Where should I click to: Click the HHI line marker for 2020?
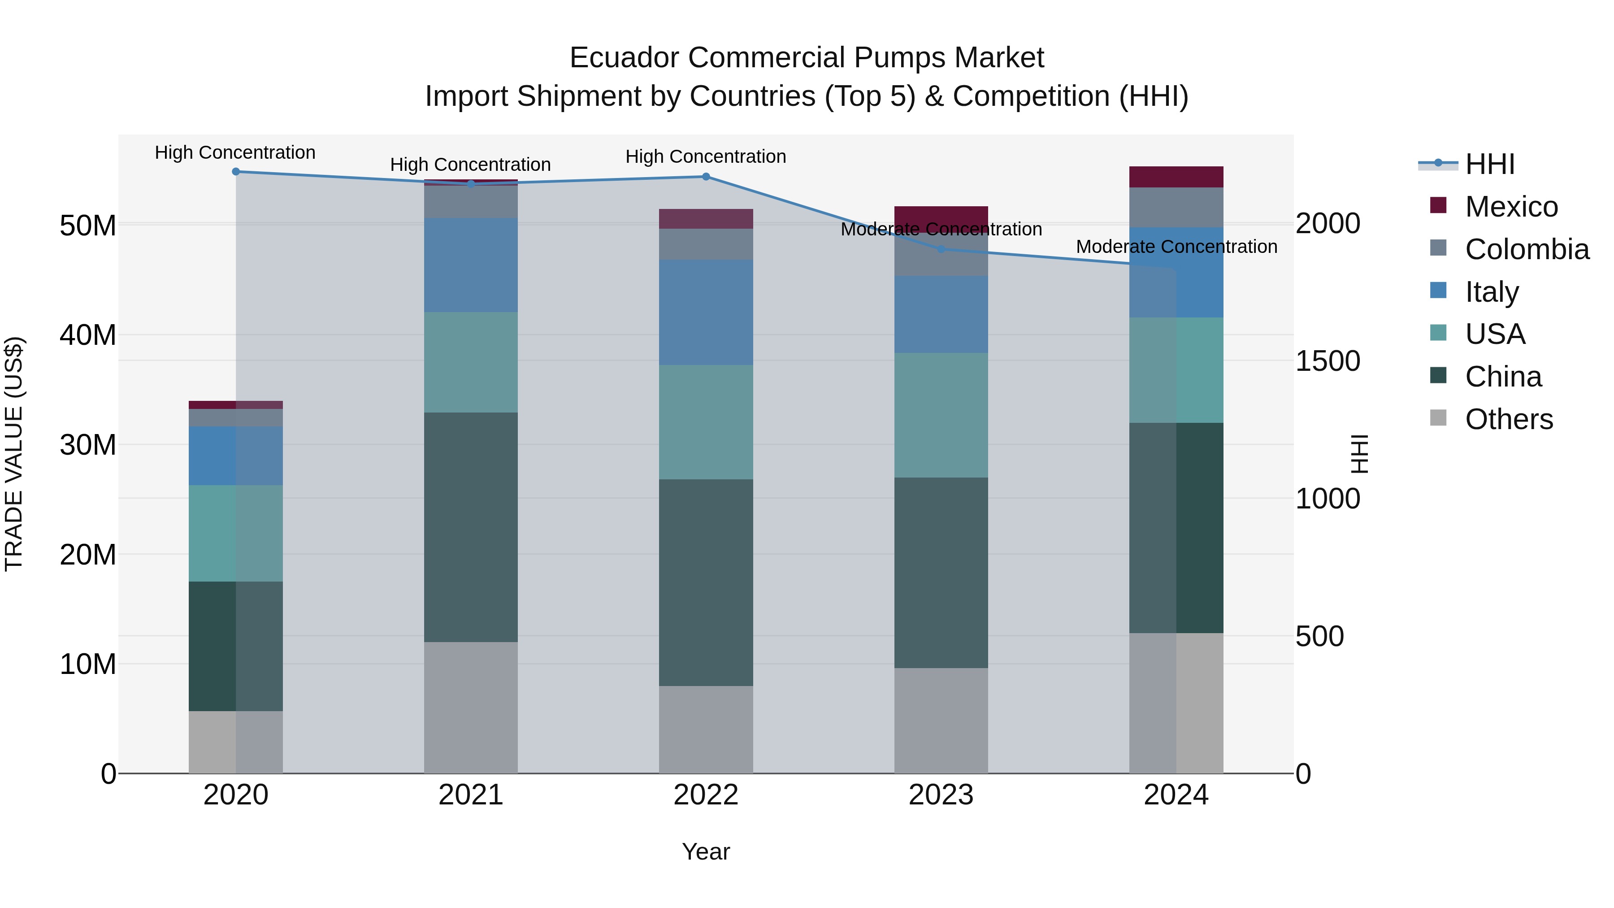coord(235,172)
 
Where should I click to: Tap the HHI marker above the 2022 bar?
coord(706,177)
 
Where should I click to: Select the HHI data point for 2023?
coord(941,249)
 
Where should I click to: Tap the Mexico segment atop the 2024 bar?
coord(1176,177)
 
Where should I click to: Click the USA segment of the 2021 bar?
coord(471,362)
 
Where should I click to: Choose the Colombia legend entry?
coord(1526,249)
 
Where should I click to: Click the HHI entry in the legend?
coord(1489,164)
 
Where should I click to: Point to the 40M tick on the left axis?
coord(88,335)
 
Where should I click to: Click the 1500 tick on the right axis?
coord(1328,361)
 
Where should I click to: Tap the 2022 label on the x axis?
coord(706,795)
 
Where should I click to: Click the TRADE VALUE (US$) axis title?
coord(14,454)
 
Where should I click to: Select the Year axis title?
coord(706,852)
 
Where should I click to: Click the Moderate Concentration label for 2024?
coord(1176,247)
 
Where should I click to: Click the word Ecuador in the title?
coord(625,58)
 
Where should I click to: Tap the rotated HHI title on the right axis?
coord(1359,454)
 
